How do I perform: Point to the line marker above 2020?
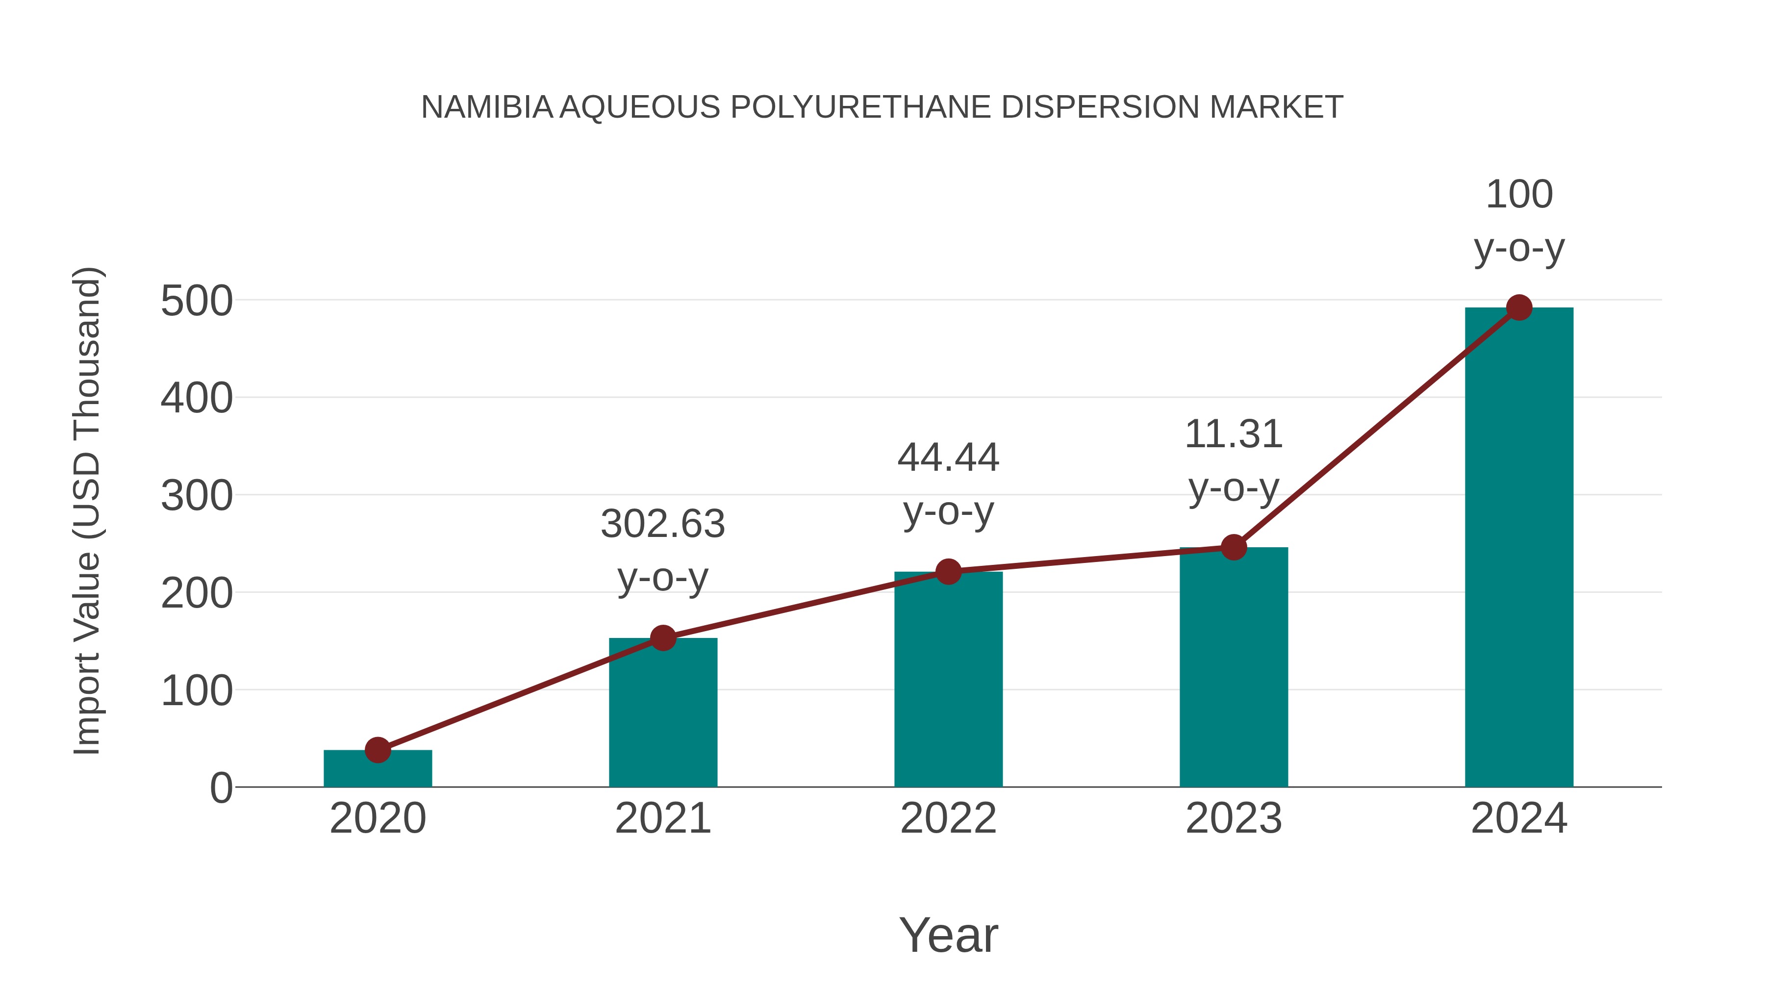[x=378, y=750]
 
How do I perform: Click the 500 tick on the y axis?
[x=197, y=301]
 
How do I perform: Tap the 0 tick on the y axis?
[x=221, y=788]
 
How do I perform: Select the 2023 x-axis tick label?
[x=1234, y=818]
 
